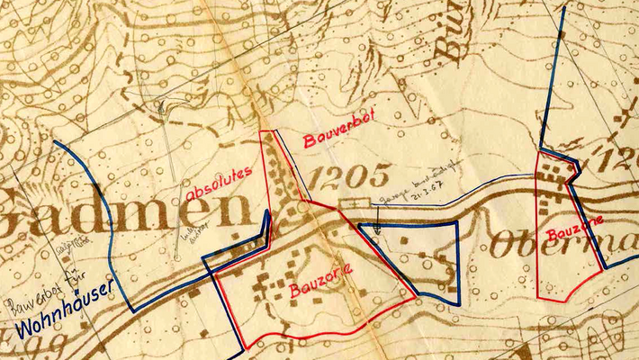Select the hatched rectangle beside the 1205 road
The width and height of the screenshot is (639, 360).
(354, 203)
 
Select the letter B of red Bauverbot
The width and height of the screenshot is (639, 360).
(308, 142)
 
